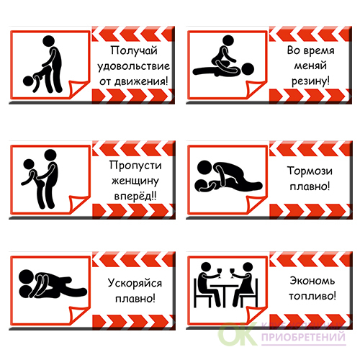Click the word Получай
134,51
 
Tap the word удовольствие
133,66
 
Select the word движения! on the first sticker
141,81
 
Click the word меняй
310,66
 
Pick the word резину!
310,81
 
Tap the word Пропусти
135,166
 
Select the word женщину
135,181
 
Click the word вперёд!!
135,196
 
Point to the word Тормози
310,171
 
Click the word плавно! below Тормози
310,186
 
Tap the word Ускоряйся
135,283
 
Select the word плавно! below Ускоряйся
135,299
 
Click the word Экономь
312,281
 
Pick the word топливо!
312,296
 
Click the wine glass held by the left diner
219,273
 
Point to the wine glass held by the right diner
232,273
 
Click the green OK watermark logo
238,334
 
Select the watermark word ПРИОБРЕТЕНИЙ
303,337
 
